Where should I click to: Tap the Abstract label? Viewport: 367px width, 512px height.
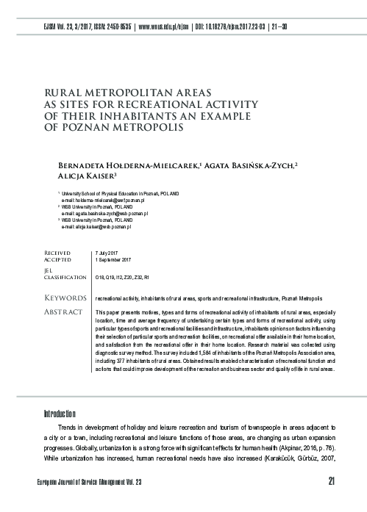tap(65, 313)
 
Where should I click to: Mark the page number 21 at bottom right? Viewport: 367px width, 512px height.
tap(332, 481)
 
